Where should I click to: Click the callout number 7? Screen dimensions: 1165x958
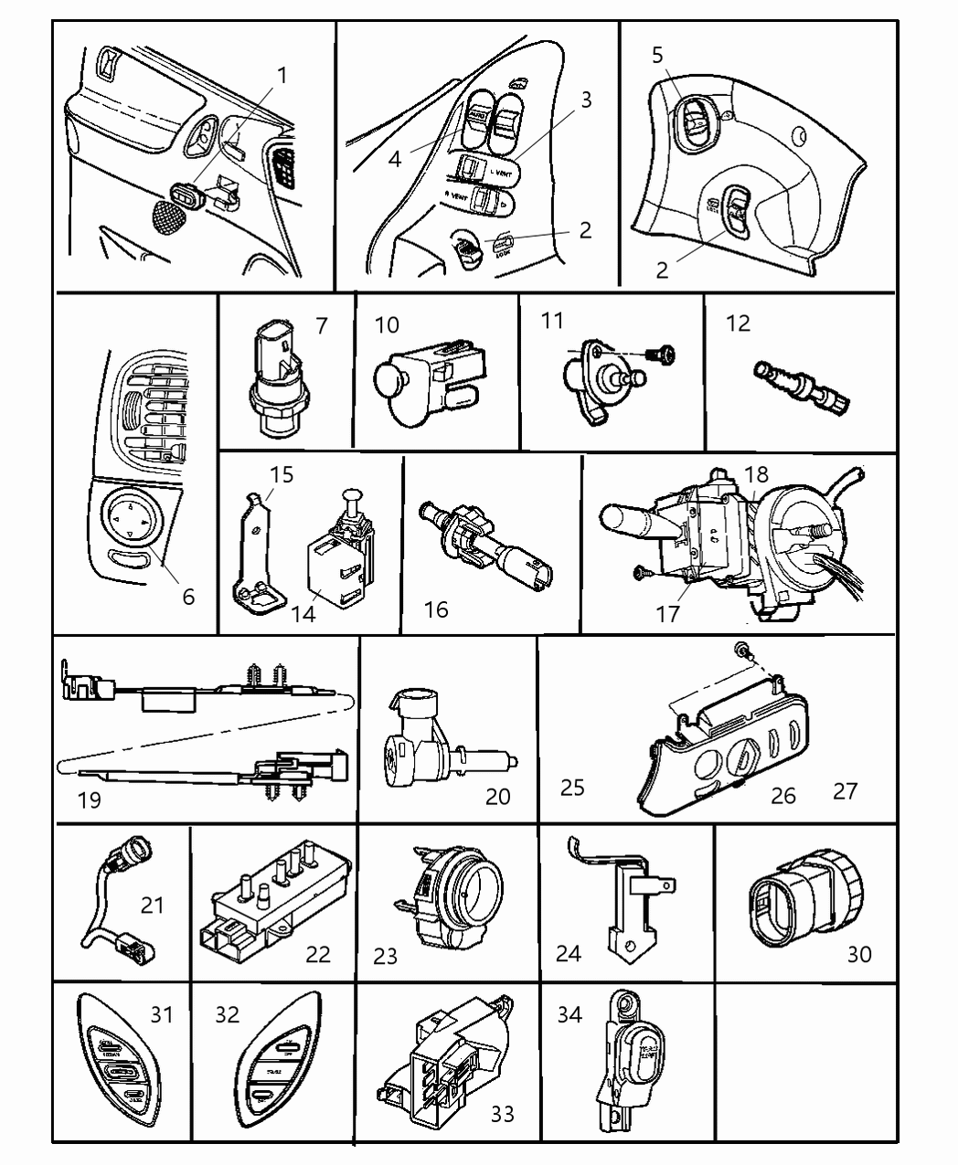pos(320,325)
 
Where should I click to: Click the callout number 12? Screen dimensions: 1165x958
pos(738,324)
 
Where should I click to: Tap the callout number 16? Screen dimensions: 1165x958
pos(437,609)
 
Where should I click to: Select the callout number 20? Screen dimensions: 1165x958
pos(497,796)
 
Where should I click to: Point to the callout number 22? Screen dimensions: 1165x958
pos(317,954)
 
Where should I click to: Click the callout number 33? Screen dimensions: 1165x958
pos(502,1114)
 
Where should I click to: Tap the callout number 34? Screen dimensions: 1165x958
pos(569,1013)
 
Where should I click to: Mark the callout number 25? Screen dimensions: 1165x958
pos(572,787)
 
